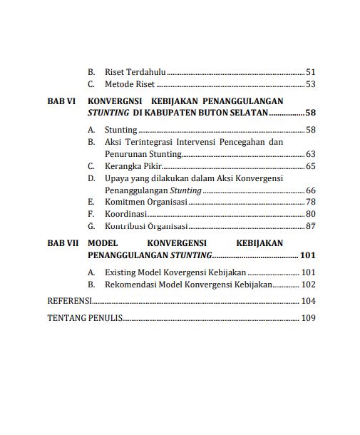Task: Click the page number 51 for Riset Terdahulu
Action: [310, 72]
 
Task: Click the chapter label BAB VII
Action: [63, 243]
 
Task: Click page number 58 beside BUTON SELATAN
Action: [310, 113]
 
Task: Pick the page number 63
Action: [310, 154]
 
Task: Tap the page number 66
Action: [310, 190]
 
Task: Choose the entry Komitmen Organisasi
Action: [146, 203]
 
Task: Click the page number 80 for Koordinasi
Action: [310, 214]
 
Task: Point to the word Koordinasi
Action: [125, 214]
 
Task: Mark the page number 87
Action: [310, 226]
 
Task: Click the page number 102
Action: [308, 285]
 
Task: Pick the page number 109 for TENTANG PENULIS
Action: [308, 318]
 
